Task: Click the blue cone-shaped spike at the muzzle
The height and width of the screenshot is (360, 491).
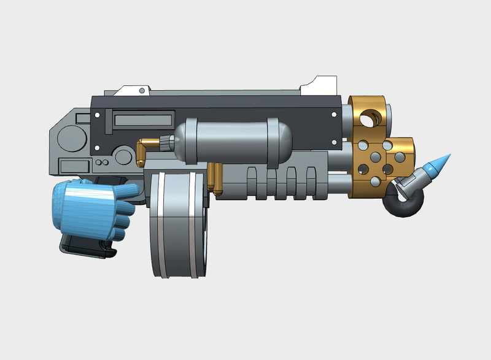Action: coord(438,164)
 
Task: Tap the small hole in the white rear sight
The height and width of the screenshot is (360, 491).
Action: coord(142,91)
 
